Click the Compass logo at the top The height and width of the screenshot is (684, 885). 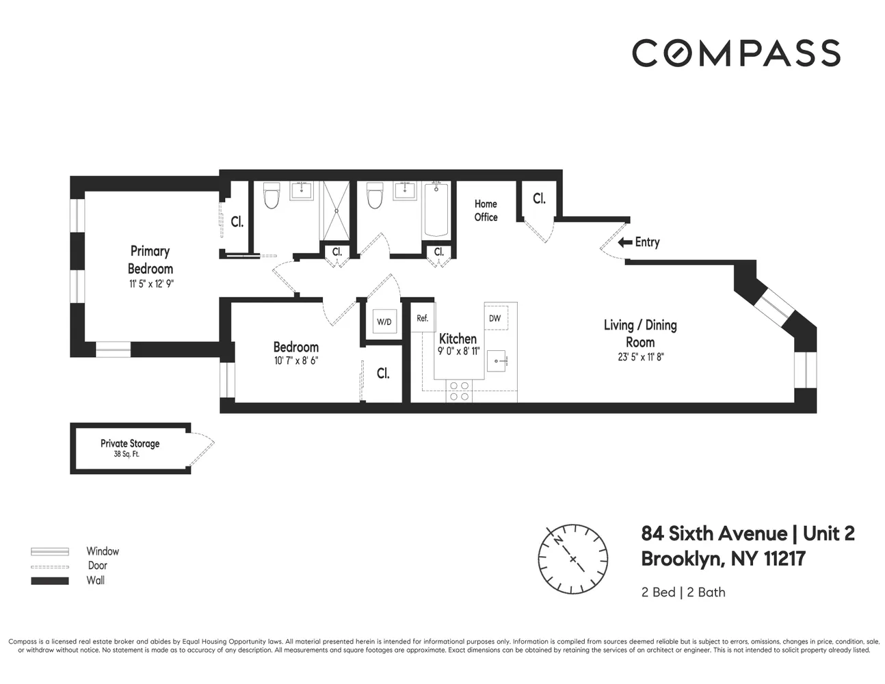click(736, 53)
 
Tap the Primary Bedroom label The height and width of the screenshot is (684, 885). click(150, 260)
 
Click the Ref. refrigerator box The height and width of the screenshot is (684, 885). click(423, 318)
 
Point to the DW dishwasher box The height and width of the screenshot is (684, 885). click(494, 319)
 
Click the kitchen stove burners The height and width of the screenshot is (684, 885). click(459, 391)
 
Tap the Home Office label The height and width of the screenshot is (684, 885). click(486, 210)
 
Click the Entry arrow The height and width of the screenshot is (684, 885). click(624, 242)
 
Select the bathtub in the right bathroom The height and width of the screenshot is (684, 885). click(436, 209)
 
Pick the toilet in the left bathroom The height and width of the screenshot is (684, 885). click(272, 197)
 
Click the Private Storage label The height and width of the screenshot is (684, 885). click(129, 443)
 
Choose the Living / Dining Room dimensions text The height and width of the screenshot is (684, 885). click(640, 356)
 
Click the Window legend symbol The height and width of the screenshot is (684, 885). click(50, 551)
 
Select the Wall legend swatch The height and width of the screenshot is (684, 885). click(50, 581)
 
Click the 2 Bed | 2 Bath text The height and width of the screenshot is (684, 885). click(683, 592)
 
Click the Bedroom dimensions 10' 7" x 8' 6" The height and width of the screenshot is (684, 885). click(295, 360)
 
